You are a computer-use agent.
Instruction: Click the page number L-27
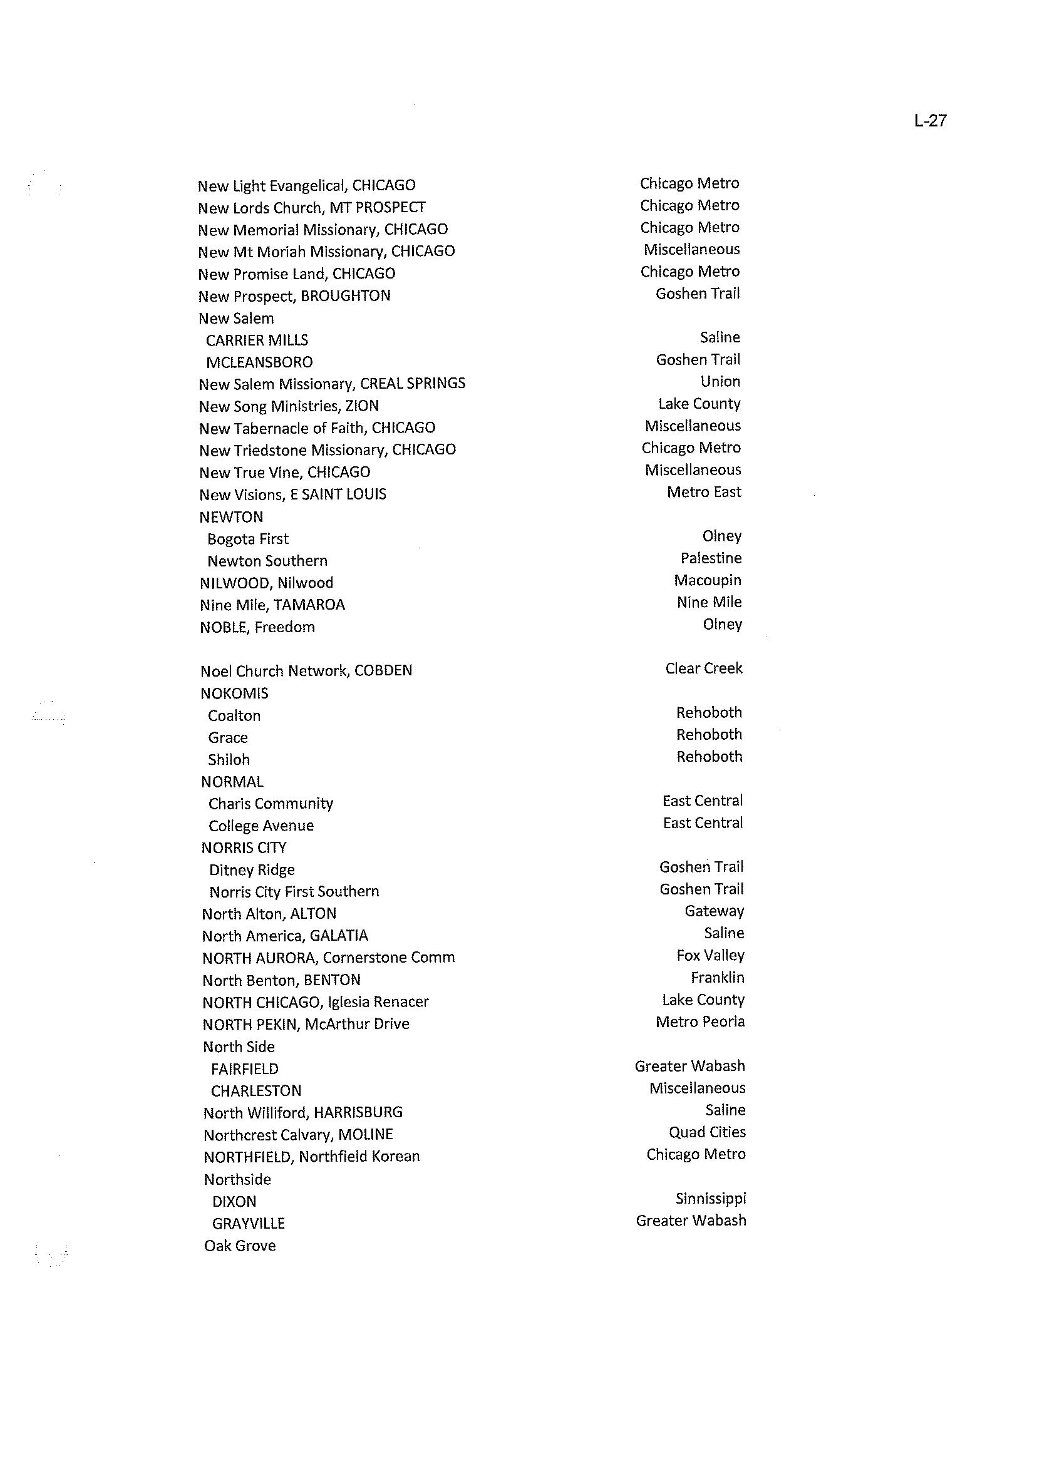pyautogui.click(x=930, y=121)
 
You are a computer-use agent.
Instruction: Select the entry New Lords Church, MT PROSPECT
pyautogui.click(x=311, y=207)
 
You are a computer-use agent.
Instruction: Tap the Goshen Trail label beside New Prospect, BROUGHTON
pyautogui.click(x=698, y=294)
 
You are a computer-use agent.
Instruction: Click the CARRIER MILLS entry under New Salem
pyautogui.click(x=257, y=340)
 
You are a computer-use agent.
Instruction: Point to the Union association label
pyautogui.click(x=720, y=382)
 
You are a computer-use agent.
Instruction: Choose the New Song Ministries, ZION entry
pyautogui.click(x=289, y=406)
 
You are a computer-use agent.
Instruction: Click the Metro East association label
pyautogui.click(x=704, y=492)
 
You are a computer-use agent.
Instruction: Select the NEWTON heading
pyautogui.click(x=231, y=517)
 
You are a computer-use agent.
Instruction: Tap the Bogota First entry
pyautogui.click(x=248, y=540)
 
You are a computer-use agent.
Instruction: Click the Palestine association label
pyautogui.click(x=711, y=558)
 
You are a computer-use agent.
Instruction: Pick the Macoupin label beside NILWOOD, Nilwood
pyautogui.click(x=708, y=580)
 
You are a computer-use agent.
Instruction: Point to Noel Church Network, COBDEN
pyautogui.click(x=306, y=671)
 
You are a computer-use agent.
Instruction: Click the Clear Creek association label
pyautogui.click(x=704, y=668)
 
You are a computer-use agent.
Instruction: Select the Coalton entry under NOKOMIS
pyautogui.click(x=234, y=716)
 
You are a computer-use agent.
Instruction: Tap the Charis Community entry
pyautogui.click(x=271, y=804)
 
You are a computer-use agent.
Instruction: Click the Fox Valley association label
pyautogui.click(x=710, y=955)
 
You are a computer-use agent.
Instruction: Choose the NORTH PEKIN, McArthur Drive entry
pyautogui.click(x=306, y=1024)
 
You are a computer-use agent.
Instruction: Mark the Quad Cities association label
pyautogui.click(x=707, y=1132)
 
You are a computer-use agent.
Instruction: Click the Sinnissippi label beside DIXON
pyautogui.click(x=711, y=1199)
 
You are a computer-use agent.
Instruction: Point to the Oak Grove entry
pyautogui.click(x=240, y=1246)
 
